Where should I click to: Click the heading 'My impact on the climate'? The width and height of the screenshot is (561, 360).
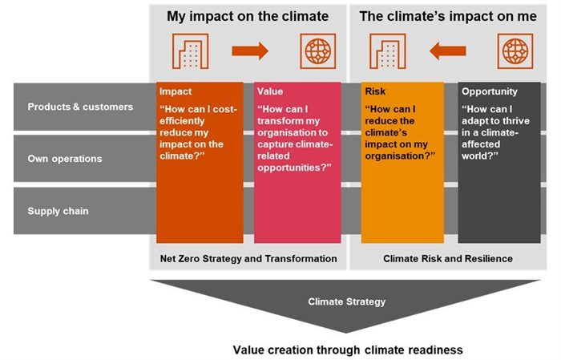(248, 16)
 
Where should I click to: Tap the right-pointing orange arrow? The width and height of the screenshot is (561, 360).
(250, 52)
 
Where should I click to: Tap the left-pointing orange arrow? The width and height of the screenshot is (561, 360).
(447, 52)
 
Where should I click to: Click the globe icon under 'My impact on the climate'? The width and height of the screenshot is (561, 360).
(318, 52)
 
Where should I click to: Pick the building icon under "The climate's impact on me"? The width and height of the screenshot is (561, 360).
(386, 52)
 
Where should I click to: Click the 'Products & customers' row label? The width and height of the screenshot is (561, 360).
(80, 107)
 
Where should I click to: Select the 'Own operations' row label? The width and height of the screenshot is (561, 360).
(65, 159)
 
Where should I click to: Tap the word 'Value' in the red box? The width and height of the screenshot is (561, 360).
(271, 91)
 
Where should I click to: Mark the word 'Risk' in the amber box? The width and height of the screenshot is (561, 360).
(375, 91)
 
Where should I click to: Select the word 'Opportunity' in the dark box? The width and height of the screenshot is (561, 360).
(489, 91)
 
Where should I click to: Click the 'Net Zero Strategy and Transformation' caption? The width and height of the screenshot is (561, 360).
(247, 258)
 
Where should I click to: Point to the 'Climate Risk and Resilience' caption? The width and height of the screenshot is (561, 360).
(447, 258)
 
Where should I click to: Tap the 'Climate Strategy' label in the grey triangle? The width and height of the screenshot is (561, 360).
(347, 302)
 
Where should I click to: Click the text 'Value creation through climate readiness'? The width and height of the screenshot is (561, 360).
(348, 350)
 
